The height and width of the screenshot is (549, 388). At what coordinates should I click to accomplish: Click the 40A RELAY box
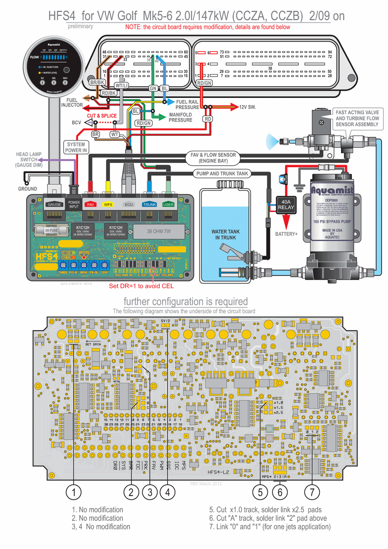[286, 204]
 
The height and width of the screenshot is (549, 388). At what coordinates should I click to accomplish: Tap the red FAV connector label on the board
[90, 204]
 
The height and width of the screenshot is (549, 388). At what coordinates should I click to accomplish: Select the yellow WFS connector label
[108, 204]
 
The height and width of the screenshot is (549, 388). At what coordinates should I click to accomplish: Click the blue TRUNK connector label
[149, 204]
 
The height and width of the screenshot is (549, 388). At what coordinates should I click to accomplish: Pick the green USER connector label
[168, 204]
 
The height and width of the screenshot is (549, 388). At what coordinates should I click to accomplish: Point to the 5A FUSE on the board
[51, 230]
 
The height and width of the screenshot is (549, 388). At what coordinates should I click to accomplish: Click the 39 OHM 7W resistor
[159, 231]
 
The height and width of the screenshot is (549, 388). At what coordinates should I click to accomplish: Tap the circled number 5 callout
[260, 492]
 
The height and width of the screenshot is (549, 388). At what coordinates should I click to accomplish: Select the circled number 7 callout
[312, 492]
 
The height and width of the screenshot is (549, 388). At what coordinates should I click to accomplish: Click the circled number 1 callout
[74, 492]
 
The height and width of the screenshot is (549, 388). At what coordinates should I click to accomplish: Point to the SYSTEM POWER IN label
[76, 147]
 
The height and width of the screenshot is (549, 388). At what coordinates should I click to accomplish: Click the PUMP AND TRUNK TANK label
[222, 173]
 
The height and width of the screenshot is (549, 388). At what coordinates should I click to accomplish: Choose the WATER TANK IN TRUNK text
[225, 235]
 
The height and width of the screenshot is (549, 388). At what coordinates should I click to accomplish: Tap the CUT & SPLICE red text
[102, 116]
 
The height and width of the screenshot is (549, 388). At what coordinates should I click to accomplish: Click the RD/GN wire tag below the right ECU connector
[204, 83]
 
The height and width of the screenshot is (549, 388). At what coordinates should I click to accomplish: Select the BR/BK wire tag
[97, 82]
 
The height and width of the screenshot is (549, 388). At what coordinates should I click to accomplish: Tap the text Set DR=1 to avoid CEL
[141, 286]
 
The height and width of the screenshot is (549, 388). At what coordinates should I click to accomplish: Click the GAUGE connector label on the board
[54, 204]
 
